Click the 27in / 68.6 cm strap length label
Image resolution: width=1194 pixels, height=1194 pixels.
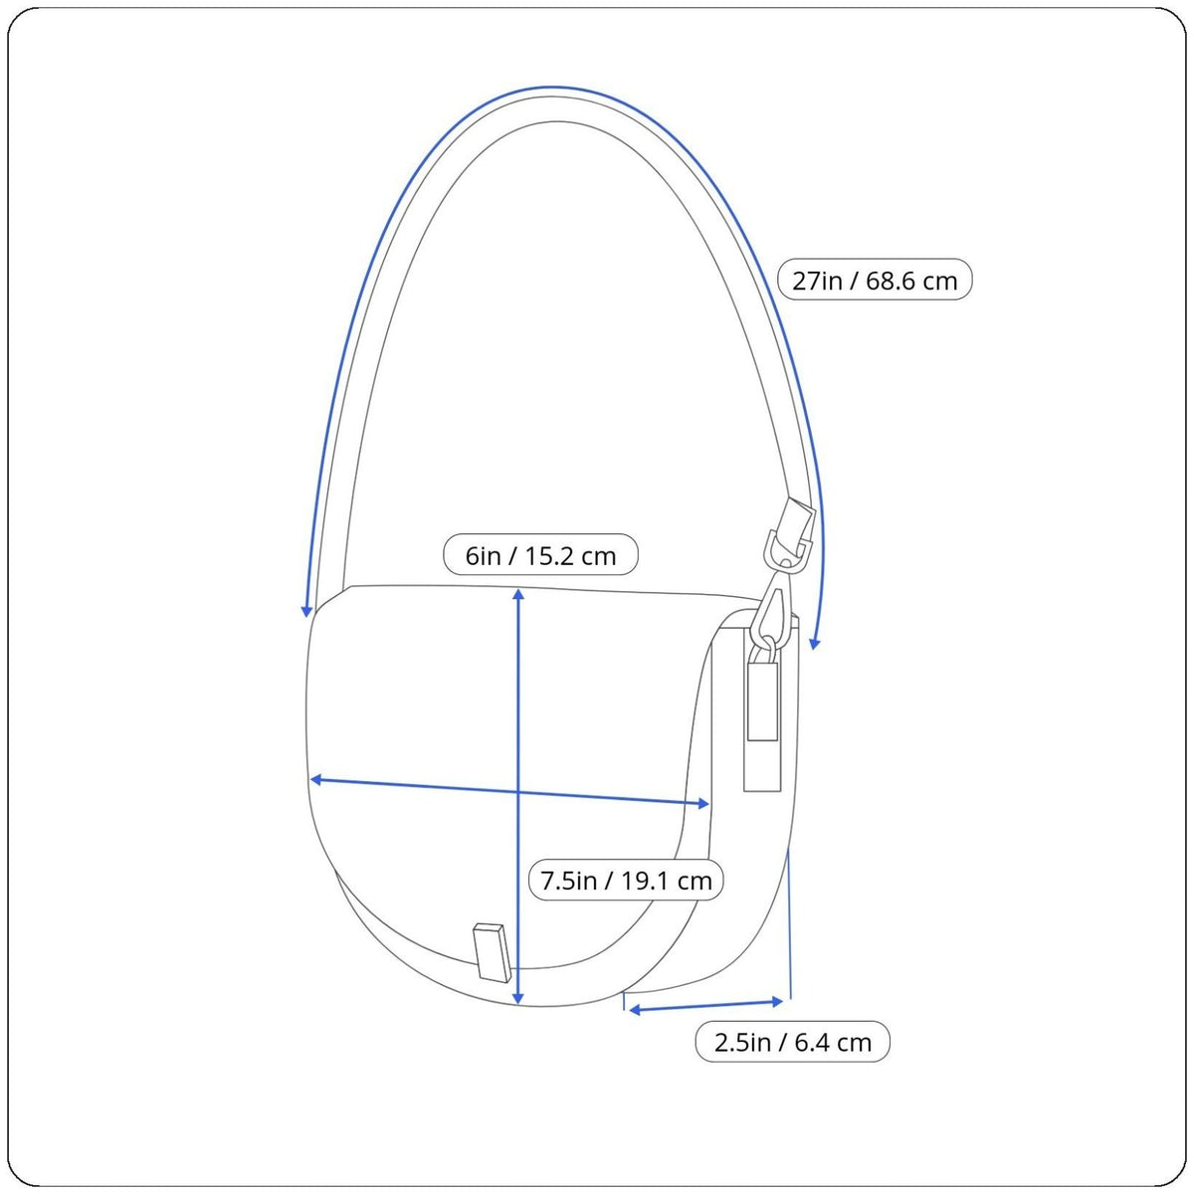(875, 280)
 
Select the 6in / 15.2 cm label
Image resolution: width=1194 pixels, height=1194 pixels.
(540, 555)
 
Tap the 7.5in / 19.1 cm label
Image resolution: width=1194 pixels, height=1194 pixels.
(626, 881)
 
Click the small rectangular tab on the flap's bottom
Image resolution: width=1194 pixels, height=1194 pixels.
(493, 953)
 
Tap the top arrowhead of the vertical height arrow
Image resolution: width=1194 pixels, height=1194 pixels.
(518, 594)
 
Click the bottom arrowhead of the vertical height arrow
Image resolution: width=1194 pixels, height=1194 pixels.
(518, 999)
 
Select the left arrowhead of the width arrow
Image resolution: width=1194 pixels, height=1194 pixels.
(316, 779)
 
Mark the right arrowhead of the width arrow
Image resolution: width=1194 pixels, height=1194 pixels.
(703, 804)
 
